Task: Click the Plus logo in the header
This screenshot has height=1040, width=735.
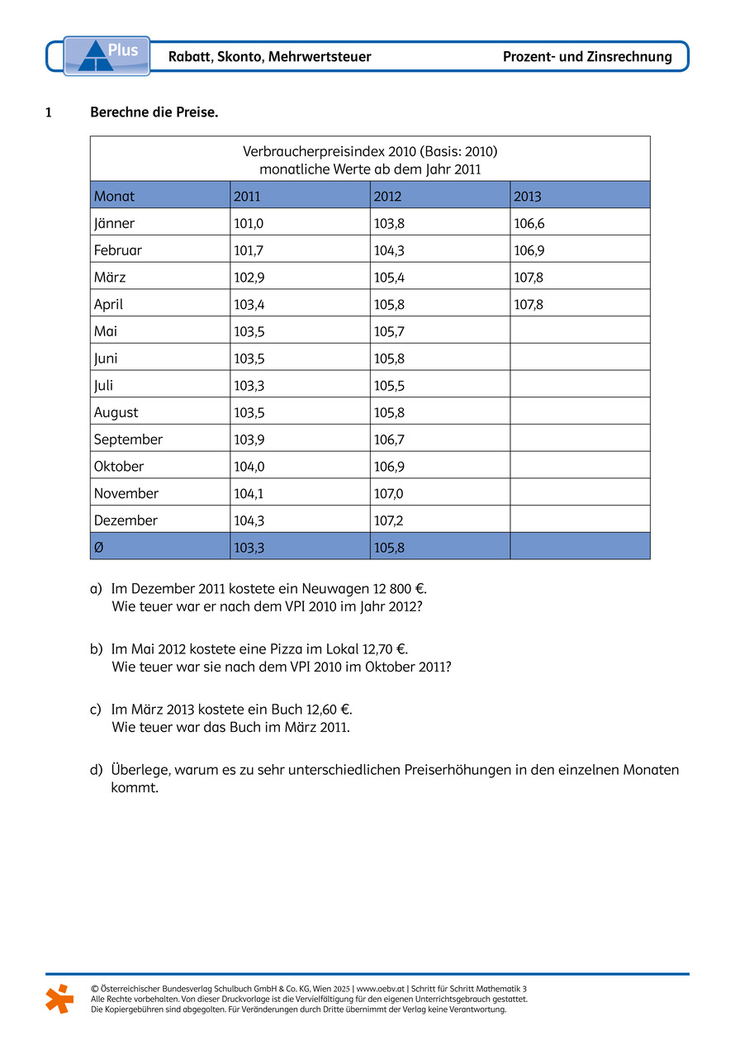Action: tap(107, 55)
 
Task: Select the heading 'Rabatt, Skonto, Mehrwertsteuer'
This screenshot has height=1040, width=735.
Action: tap(269, 57)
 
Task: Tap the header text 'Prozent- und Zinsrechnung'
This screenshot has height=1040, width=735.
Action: tap(587, 57)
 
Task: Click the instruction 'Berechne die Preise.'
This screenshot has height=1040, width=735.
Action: tap(154, 112)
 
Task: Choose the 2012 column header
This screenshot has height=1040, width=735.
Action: tap(387, 197)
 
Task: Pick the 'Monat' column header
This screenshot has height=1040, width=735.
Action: tap(114, 197)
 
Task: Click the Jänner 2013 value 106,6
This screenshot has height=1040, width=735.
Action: tap(529, 223)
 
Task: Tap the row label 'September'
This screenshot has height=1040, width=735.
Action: tap(128, 439)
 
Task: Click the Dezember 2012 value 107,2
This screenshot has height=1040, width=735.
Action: tap(389, 520)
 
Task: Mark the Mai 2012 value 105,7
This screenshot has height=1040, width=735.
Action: tap(389, 331)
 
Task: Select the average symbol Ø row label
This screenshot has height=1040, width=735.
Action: tap(99, 547)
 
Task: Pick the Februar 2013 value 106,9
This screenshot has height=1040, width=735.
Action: tap(529, 250)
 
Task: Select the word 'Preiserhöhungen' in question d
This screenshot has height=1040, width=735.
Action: tap(458, 770)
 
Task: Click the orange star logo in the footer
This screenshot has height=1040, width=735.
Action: tap(59, 998)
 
